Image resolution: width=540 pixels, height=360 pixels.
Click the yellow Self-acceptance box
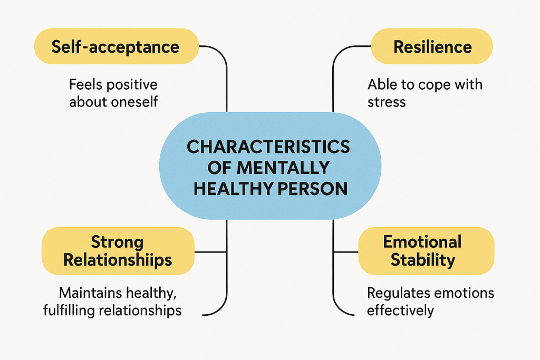pyautogui.click(x=116, y=46)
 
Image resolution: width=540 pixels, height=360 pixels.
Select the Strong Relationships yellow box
pyautogui.click(x=118, y=251)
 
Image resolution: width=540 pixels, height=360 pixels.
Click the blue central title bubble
pyautogui.click(x=270, y=167)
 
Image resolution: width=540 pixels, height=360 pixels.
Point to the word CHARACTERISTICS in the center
pyautogui.click(x=268, y=147)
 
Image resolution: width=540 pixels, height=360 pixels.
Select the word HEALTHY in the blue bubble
pyautogui.click(x=228, y=188)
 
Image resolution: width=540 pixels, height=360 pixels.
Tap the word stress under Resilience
pyautogui.click(x=387, y=101)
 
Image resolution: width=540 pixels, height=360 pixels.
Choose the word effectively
pyautogui.click(x=400, y=310)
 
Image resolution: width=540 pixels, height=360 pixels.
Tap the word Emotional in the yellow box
pyautogui.click(x=422, y=242)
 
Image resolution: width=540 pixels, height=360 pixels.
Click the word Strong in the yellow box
pyautogui.click(x=117, y=242)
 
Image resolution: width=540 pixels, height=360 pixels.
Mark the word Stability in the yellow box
pyautogui.click(x=422, y=259)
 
